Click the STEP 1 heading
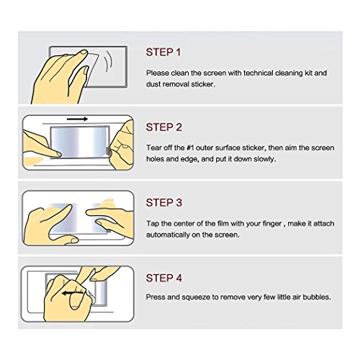pyautogui.click(x=163, y=52)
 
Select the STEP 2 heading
pyautogui.click(x=164, y=127)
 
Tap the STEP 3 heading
pyautogui.click(x=164, y=202)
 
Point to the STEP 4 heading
pyautogui.click(x=164, y=278)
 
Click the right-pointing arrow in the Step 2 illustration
pyautogui.click(x=77, y=119)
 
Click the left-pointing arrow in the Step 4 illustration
pyautogui.click(x=72, y=293)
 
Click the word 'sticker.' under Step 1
pyautogui.click(x=202, y=84)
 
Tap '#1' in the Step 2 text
pyautogui.click(x=190, y=148)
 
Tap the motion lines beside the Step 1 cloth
pyautogui.click(x=108, y=61)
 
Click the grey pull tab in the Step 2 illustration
pyautogui.click(x=109, y=151)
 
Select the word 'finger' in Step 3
pyautogui.click(x=272, y=224)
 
